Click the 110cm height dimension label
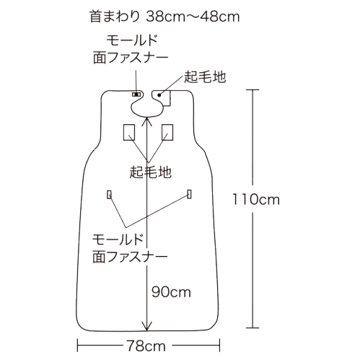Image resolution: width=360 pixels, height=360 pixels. [256, 200]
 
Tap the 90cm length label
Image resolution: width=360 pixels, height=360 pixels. [171, 292]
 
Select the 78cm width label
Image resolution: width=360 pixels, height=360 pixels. [146, 346]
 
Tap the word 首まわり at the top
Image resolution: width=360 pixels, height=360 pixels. [115, 17]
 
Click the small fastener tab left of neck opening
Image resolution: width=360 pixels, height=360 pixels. [136, 95]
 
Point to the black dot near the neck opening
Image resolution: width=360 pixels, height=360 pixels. [159, 95]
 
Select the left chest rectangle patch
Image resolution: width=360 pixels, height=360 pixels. [129, 132]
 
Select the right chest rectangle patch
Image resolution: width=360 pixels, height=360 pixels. [167, 132]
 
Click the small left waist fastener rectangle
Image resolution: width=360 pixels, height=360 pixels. [109, 194]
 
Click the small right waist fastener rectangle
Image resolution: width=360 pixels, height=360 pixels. [190, 194]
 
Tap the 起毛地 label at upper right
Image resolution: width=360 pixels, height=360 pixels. [205, 77]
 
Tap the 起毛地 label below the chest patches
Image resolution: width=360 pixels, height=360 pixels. [151, 172]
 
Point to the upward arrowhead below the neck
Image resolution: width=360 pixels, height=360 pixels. [147, 120]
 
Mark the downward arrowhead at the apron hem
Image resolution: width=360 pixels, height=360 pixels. [147, 326]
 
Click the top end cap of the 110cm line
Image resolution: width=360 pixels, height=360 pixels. [253, 89]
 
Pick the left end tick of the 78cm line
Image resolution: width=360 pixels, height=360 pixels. [77, 346]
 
